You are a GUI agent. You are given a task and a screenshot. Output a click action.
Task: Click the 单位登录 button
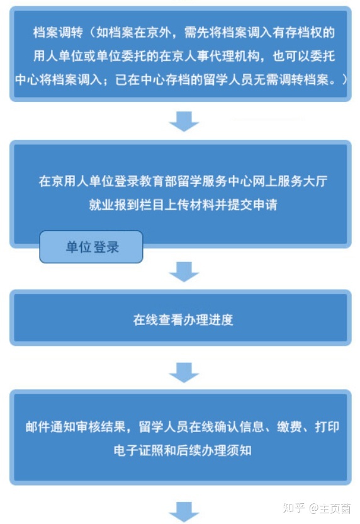[91, 247]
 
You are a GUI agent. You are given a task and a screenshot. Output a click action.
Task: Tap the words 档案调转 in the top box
[58, 33]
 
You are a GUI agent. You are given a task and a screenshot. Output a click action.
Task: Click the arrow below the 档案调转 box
[184, 121]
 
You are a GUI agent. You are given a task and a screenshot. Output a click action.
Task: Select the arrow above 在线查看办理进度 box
[184, 271]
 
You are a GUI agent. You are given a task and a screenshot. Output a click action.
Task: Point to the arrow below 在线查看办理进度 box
[184, 372]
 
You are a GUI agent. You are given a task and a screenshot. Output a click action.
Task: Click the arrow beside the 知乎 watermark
[184, 512]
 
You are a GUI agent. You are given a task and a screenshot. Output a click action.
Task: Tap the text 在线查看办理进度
[183, 320]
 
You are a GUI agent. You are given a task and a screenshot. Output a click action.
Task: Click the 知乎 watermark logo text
[294, 508]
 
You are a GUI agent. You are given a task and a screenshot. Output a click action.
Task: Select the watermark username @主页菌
[330, 508]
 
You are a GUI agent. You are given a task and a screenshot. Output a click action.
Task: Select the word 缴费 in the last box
[290, 427]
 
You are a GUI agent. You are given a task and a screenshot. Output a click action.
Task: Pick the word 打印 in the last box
[327, 427]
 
